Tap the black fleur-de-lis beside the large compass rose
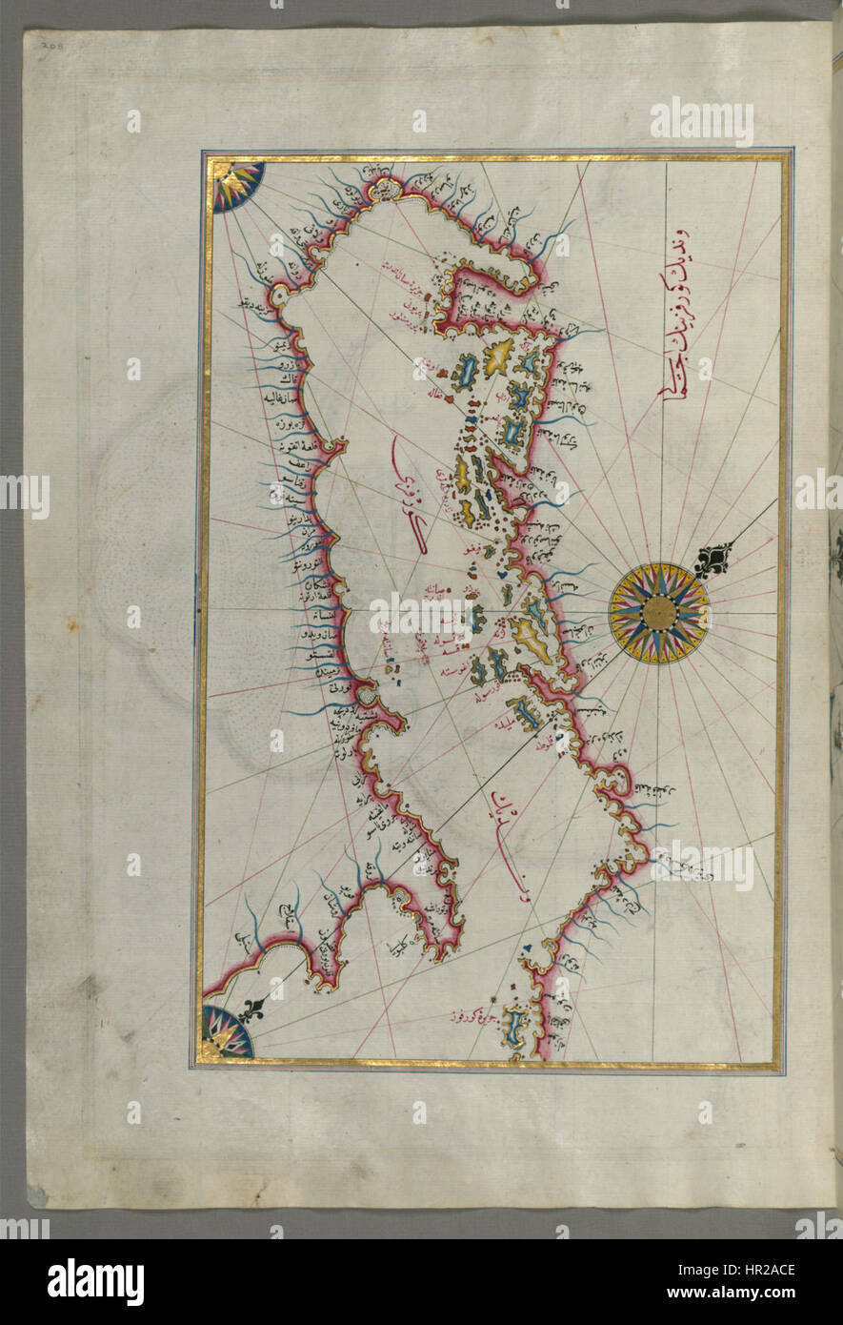[x=714, y=560]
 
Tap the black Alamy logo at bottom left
[x=95, y=1281]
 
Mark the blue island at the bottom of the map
[x=514, y=1028]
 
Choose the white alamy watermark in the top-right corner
[x=702, y=121]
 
